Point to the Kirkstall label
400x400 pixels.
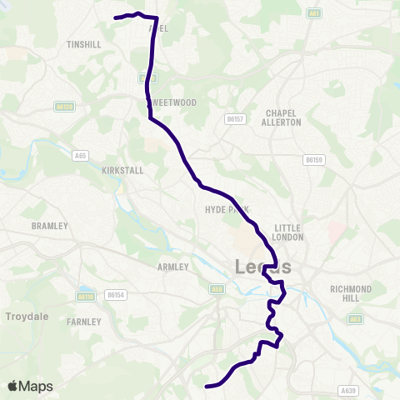click(x=122, y=170)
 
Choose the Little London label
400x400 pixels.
click(x=287, y=232)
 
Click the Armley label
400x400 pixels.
click(x=173, y=267)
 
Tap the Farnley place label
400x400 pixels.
click(x=85, y=321)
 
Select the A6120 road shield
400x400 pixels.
click(x=65, y=107)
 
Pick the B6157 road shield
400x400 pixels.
click(x=233, y=120)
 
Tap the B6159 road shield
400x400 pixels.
click(x=313, y=159)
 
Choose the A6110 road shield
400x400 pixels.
click(x=85, y=296)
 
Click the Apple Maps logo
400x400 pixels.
click(x=30, y=386)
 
